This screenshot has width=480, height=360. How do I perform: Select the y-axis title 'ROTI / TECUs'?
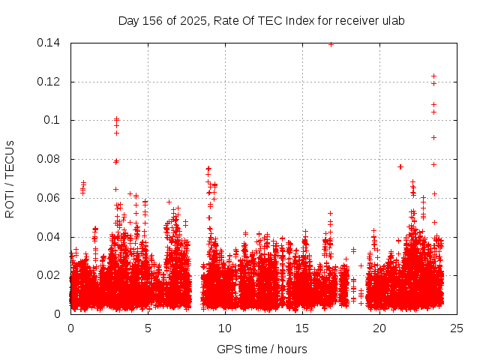pos(10,178)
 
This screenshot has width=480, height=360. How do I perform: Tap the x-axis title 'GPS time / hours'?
pos(262,349)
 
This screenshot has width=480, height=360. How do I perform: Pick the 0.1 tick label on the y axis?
pos(53,120)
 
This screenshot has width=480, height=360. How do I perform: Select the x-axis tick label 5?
pos(148,328)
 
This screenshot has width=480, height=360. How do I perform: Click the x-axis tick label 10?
pos(225,328)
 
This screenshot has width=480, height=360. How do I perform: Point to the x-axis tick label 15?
pos(302,328)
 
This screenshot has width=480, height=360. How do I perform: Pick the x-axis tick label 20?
pos(379,328)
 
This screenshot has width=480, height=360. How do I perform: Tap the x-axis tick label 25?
pos(457,328)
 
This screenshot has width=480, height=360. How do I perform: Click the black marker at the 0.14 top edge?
pos(331,44)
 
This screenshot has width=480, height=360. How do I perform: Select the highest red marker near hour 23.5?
pos(433,76)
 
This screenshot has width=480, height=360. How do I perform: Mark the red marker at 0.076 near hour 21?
pos(400,166)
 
